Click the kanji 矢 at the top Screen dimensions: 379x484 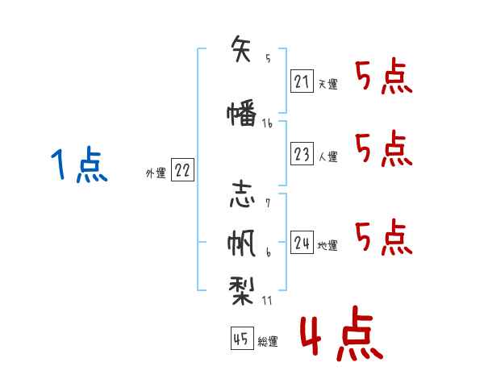coord(242,48)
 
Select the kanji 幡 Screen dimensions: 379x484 coord(242,115)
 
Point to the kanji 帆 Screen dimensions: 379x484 coord(242,242)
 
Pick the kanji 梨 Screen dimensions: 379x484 coord(242,286)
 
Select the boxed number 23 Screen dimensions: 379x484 coord(302,155)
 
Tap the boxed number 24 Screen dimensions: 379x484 coord(302,243)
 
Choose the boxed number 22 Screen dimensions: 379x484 coord(182,170)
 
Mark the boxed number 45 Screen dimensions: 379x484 coord(240,339)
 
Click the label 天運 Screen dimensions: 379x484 coord(328,84)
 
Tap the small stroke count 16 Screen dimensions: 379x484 coord(267,123)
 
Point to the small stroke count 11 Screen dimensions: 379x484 coord(268,300)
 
